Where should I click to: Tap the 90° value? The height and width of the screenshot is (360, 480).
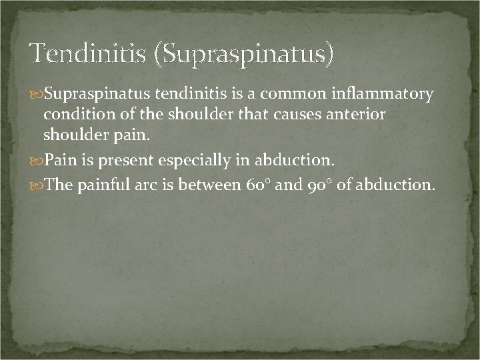coord(319,185)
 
